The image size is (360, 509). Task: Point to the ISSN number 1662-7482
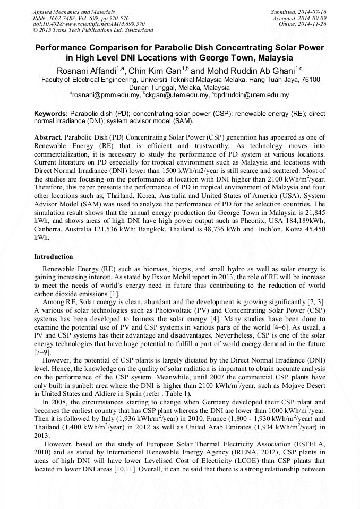(x=63, y=18)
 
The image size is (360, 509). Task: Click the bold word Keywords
(x=51, y=114)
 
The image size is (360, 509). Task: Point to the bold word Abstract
(x=48, y=137)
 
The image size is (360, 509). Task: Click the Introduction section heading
(x=54, y=256)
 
